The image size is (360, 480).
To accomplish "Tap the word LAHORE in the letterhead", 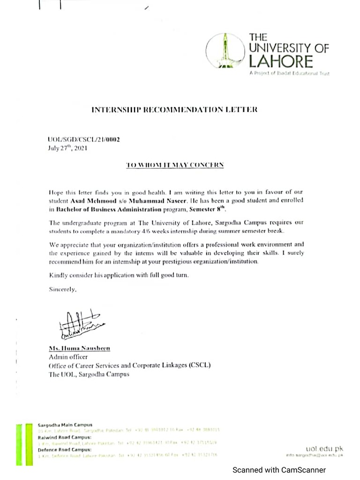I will [280, 61].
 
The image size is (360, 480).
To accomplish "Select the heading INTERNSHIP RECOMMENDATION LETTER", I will [174, 110].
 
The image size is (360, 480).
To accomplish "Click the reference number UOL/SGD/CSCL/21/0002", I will [81, 140].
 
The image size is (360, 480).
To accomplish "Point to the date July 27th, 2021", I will [67, 148].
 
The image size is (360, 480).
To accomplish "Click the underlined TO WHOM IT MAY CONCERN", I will [175, 165].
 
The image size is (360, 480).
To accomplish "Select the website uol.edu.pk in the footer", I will [324, 449].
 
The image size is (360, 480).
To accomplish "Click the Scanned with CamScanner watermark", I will [279, 470].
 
